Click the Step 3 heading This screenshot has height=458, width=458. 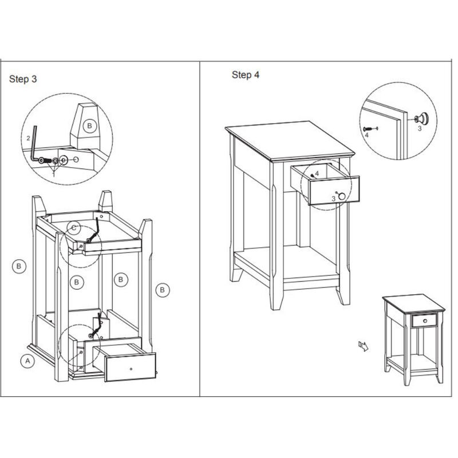tap(23, 80)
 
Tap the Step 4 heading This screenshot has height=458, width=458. tap(245, 75)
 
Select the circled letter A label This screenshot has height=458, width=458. tap(26, 361)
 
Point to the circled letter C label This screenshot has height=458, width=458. tap(74, 228)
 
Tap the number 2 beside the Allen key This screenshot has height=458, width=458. tap(28, 139)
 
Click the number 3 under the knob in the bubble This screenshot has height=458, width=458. tap(419, 129)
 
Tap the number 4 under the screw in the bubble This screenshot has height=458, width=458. tap(366, 136)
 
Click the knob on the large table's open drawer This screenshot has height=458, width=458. tap(342, 196)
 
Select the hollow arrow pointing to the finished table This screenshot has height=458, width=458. tap(362, 345)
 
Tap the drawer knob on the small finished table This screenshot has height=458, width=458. tap(424, 321)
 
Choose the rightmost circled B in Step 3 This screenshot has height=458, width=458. tap(163, 290)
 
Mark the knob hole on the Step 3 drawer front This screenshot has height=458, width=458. tap(131, 368)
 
